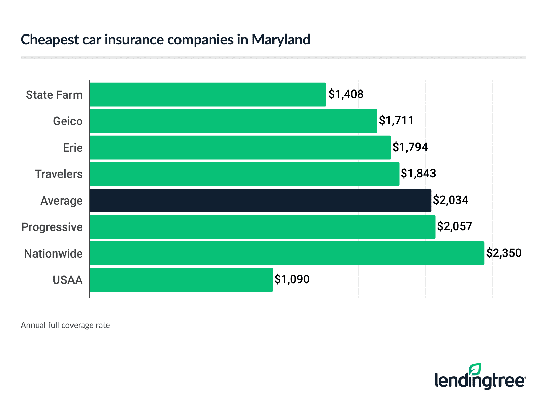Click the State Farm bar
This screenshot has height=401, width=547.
click(208, 94)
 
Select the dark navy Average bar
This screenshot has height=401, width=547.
click(261, 200)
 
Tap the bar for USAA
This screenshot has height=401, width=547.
click(181, 280)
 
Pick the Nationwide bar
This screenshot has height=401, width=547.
click(287, 253)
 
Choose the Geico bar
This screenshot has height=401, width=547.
click(234, 121)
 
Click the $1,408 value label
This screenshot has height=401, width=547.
click(346, 94)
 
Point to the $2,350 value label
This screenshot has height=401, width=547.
click(504, 253)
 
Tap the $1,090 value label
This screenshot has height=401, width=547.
click(292, 279)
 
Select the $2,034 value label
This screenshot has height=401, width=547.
click(451, 200)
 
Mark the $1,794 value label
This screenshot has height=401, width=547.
click(410, 147)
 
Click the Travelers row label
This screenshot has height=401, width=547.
click(59, 174)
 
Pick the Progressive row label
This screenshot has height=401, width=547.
click(52, 227)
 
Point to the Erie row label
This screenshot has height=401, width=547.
click(73, 148)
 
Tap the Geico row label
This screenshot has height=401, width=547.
click(68, 121)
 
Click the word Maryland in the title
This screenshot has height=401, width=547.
click(281, 40)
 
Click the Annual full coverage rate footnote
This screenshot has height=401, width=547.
click(65, 325)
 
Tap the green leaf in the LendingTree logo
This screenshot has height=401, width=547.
click(475, 370)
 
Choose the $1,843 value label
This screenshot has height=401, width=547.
click(418, 174)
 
